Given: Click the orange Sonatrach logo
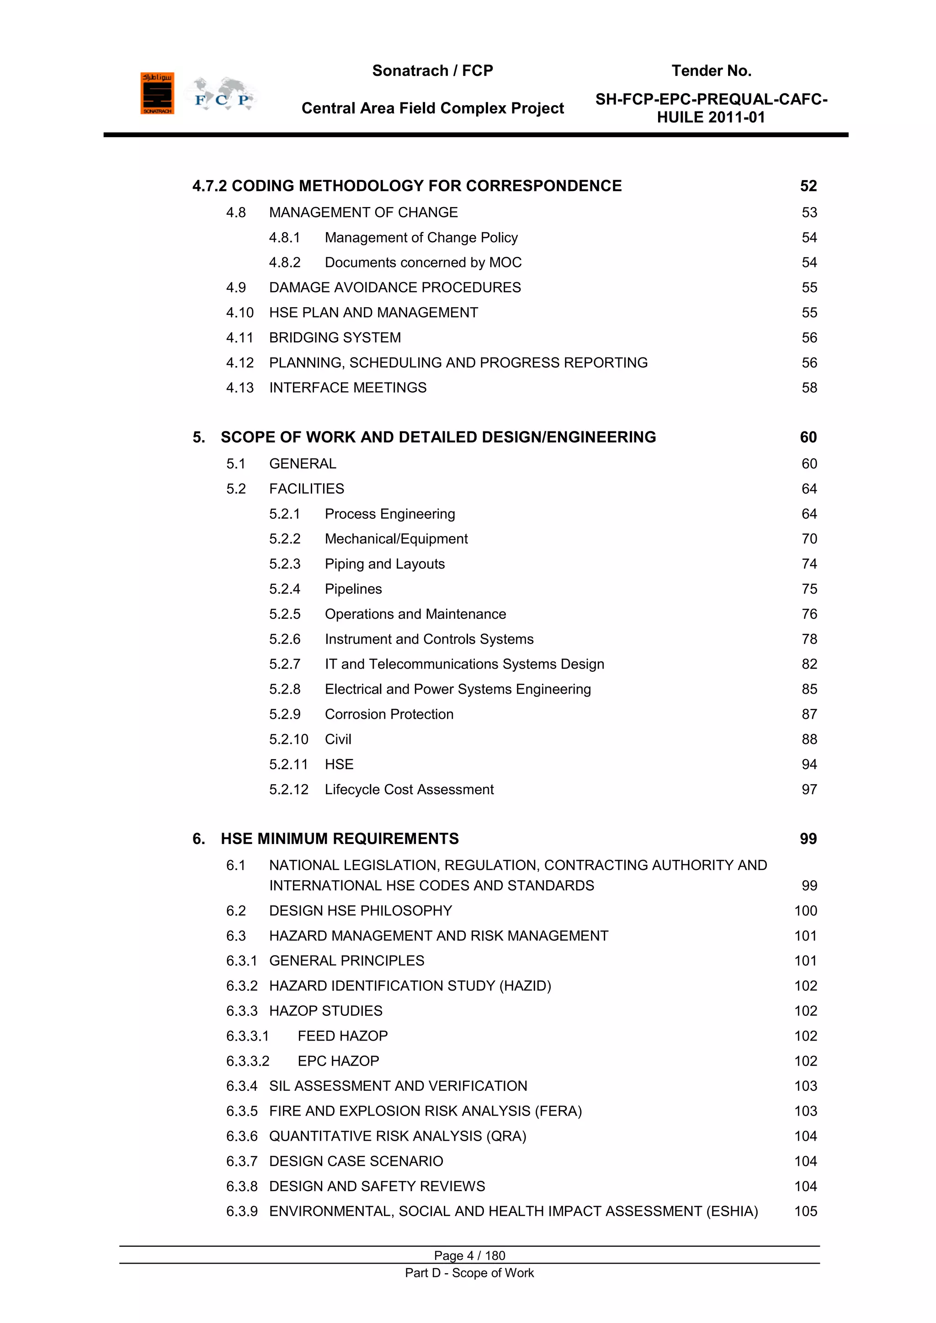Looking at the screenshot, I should pyautogui.click(x=157, y=93).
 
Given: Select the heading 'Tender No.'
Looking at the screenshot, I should pyautogui.click(x=711, y=71).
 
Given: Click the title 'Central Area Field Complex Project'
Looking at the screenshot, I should pyautogui.click(x=432, y=108).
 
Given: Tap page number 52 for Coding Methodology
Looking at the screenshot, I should pyautogui.click(x=808, y=186).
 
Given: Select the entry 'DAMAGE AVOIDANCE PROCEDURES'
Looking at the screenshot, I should pyautogui.click(x=395, y=287).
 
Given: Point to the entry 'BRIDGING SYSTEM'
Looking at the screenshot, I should pyautogui.click(x=335, y=338).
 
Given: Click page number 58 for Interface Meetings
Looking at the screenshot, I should pyautogui.click(x=809, y=388).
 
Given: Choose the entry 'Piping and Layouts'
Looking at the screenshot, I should pyautogui.click(x=384, y=564).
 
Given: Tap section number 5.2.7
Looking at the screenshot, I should pyautogui.click(x=285, y=664).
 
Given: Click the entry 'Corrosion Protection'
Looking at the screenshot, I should pyautogui.click(x=389, y=715).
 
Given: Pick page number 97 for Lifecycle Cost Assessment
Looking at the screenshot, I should pyautogui.click(x=809, y=789).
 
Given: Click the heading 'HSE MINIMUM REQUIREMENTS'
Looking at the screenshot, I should pyautogui.click(x=340, y=839).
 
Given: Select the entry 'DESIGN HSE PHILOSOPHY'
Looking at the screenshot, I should pyautogui.click(x=360, y=911).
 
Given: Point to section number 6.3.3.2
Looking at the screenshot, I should pyautogui.click(x=248, y=1062).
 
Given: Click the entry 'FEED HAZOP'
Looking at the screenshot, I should pyautogui.click(x=342, y=1036).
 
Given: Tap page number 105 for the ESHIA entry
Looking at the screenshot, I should pyautogui.click(x=805, y=1212).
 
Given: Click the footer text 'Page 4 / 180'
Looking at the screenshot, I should pyautogui.click(x=469, y=1255).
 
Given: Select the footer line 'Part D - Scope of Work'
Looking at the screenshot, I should pyautogui.click(x=469, y=1273).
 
